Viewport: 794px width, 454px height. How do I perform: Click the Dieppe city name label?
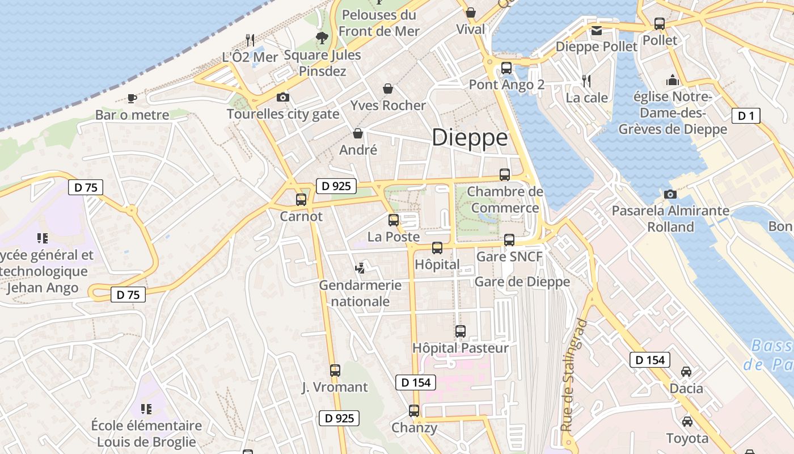pos(470,138)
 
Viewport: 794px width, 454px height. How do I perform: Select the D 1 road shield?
pos(746,116)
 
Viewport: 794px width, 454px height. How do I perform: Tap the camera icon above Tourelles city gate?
pos(283,98)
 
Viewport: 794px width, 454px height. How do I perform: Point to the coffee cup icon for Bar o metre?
pos(132,98)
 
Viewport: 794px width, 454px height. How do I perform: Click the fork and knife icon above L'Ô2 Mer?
pos(250,40)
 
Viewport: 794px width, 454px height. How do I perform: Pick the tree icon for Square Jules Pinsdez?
pos(322,38)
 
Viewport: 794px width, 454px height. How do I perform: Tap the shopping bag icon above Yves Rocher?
pos(388,89)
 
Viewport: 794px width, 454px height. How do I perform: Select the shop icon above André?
pos(358,133)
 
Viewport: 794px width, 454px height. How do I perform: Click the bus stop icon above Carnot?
pos(301,200)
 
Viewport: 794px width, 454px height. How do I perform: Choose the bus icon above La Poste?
pos(394,220)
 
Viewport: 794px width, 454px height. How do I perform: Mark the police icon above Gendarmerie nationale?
pos(360,267)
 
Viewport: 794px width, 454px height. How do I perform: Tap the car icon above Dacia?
pos(686,372)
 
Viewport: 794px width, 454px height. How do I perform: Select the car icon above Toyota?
pos(687,422)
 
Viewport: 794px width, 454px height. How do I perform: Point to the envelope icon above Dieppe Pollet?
pos(597,31)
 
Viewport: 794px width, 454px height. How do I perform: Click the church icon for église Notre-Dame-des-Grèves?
pos(673,80)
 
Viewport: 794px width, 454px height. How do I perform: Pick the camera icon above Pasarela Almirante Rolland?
pos(670,195)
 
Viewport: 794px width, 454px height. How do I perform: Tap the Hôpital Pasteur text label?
pos(461,348)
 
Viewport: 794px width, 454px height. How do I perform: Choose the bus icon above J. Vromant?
pos(335,371)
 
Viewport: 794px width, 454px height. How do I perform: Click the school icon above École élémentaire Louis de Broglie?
pos(146,409)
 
